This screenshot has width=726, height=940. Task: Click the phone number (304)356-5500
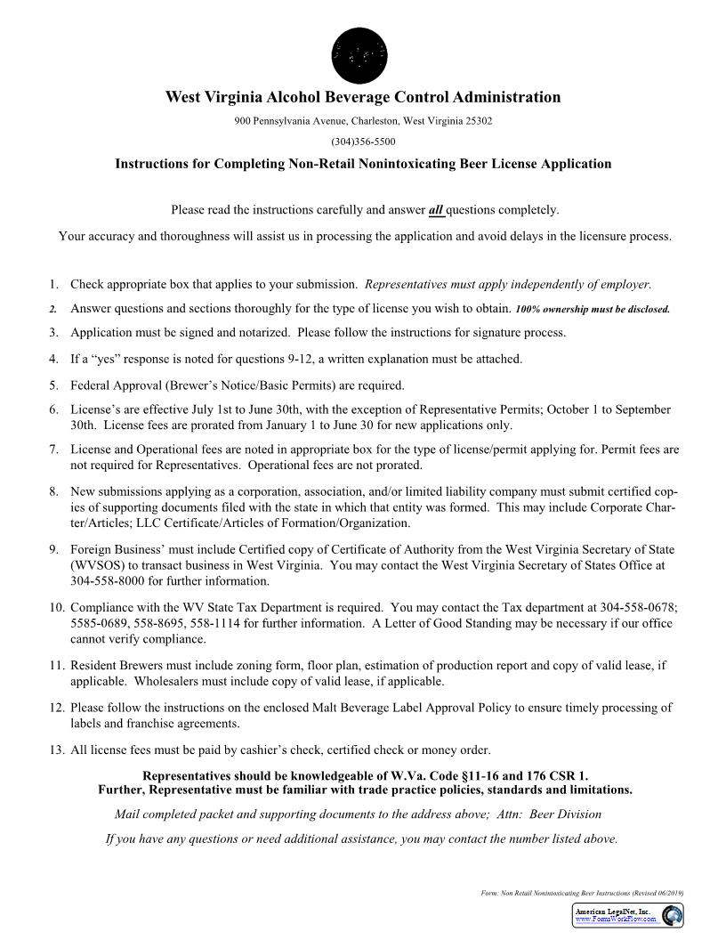pos(363,142)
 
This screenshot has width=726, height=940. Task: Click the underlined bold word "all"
pos(436,210)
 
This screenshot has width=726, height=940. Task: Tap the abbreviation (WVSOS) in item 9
pos(101,565)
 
